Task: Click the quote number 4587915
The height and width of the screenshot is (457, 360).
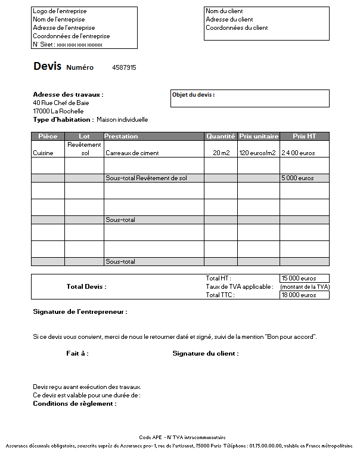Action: click(x=124, y=68)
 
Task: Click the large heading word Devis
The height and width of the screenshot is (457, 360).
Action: click(x=47, y=66)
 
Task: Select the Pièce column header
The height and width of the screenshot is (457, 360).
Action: click(x=48, y=137)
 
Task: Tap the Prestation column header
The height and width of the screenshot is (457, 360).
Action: click(x=122, y=137)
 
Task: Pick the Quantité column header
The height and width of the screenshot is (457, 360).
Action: click(x=221, y=137)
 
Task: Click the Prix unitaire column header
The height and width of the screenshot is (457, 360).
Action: click(x=259, y=137)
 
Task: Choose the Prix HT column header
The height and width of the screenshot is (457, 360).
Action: click(x=304, y=137)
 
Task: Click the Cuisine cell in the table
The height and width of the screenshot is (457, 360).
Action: click(x=43, y=153)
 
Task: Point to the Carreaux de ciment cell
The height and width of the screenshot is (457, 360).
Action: click(x=132, y=153)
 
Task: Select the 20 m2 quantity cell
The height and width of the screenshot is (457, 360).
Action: click(x=221, y=153)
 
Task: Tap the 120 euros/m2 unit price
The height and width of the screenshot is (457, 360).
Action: click(x=258, y=153)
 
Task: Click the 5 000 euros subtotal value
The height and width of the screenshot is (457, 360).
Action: click(x=297, y=178)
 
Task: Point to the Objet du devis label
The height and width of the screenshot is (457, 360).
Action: click(x=193, y=95)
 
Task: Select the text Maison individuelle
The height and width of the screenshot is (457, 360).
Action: click(x=122, y=120)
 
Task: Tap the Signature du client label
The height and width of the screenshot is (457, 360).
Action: click(x=206, y=354)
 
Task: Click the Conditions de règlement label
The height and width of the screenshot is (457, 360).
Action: click(x=75, y=404)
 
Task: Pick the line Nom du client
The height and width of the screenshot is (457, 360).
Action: click(x=224, y=11)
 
